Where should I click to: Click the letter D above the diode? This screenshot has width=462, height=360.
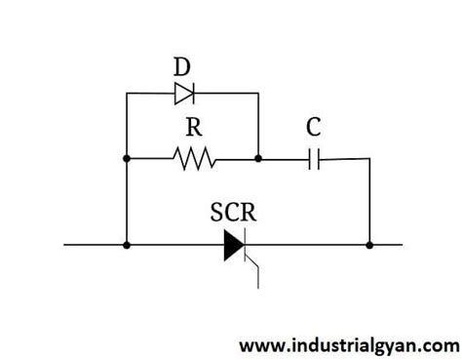pyautogui.click(x=182, y=68)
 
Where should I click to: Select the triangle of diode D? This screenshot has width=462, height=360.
pyautogui.click(x=183, y=93)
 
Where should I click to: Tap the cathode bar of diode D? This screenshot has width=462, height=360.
pyautogui.click(x=193, y=93)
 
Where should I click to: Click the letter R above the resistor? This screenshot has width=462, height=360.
pyautogui.click(x=191, y=128)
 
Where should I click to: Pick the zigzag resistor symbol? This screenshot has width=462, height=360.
pyautogui.click(x=193, y=156)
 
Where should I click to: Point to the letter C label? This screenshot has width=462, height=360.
pyautogui.click(x=314, y=128)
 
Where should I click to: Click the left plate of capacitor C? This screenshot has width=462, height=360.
pyautogui.click(x=309, y=157)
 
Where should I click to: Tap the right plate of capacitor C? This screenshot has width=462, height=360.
pyautogui.click(x=318, y=157)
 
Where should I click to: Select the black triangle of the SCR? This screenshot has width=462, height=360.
pyautogui.click(x=232, y=243)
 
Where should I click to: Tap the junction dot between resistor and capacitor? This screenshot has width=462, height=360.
pyautogui.click(x=258, y=157)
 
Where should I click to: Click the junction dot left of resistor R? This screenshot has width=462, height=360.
pyautogui.click(x=127, y=157)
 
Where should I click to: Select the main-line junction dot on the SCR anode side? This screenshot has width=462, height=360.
pyautogui.click(x=127, y=244)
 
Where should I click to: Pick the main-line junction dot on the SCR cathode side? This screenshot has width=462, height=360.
pyautogui.click(x=369, y=244)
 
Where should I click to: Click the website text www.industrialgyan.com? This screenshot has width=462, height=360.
pyautogui.click(x=349, y=344)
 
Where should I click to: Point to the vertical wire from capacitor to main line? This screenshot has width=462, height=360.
pyautogui.click(x=369, y=200)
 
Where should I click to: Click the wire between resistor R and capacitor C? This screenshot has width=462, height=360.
pyautogui.click(x=283, y=157)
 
